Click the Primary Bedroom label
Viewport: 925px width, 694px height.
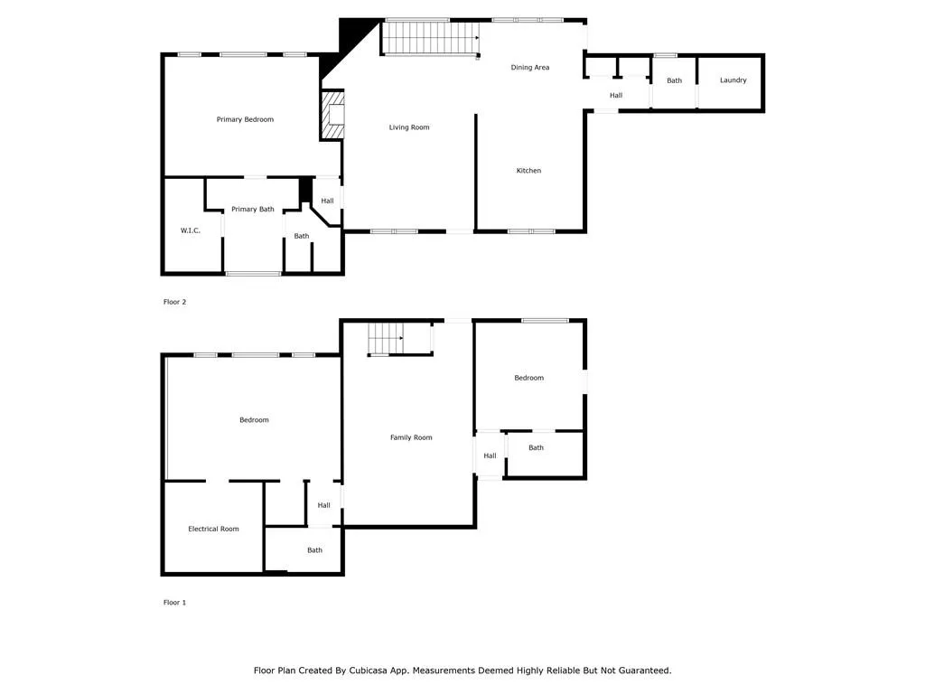(x=245, y=119)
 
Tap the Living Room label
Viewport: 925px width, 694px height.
(x=409, y=127)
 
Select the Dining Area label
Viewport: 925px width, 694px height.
(x=529, y=68)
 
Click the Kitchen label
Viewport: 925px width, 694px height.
(x=528, y=171)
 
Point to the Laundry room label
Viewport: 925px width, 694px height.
(x=733, y=80)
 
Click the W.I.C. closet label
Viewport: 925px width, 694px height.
(x=190, y=230)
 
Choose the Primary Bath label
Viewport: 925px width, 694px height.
(x=252, y=210)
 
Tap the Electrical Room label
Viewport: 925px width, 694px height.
(x=213, y=529)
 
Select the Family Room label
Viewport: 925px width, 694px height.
(x=411, y=437)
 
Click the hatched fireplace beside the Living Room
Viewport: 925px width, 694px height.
(x=332, y=115)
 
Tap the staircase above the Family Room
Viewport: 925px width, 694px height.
(x=385, y=340)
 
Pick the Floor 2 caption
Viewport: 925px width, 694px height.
(x=174, y=302)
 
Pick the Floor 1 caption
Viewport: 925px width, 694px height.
(x=174, y=602)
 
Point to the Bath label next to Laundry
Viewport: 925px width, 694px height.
(x=674, y=80)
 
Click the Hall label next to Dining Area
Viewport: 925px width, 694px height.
(x=616, y=95)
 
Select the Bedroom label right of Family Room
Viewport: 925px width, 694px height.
(x=528, y=378)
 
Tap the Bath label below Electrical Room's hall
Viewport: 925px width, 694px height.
(x=314, y=550)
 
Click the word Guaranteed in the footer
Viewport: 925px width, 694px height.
(x=640, y=671)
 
